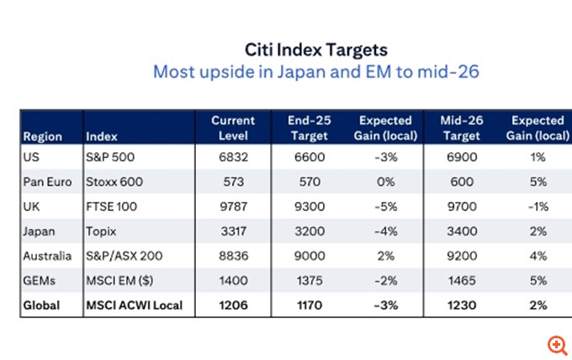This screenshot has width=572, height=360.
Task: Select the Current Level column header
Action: pyautogui.click(x=233, y=128)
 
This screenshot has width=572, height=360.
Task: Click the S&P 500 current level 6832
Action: pyautogui.click(x=233, y=157)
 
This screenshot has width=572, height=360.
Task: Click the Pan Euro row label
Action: pyautogui.click(x=47, y=181)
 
